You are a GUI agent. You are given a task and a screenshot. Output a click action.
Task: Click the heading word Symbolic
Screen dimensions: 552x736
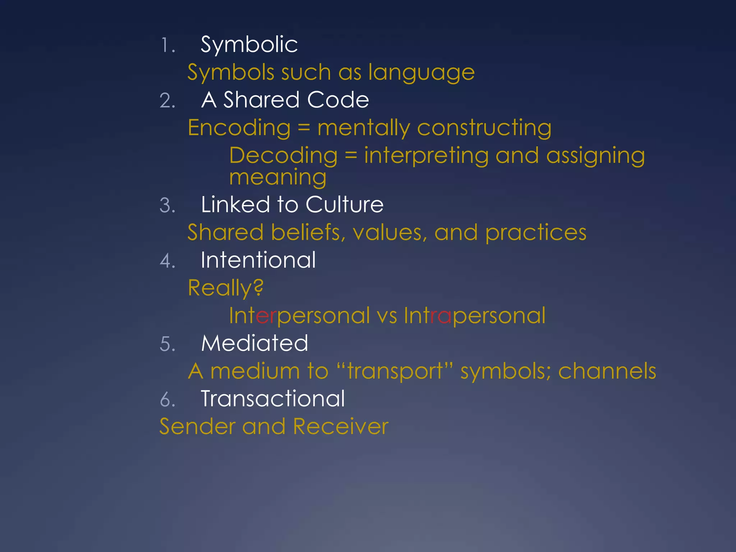pyautogui.click(x=249, y=45)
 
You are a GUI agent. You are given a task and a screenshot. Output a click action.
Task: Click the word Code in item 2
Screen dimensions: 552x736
pyautogui.click(x=338, y=100)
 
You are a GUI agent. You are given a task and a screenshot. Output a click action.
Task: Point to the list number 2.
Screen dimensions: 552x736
pyautogui.click(x=167, y=101)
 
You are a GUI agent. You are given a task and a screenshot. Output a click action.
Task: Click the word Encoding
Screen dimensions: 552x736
pyautogui.click(x=239, y=128)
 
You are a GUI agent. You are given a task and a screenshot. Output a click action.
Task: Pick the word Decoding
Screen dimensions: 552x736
pyautogui.click(x=283, y=156)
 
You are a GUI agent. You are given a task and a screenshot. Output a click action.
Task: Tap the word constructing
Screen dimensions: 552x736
pyautogui.click(x=484, y=128)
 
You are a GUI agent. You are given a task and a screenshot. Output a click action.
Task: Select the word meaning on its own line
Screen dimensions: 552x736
pyautogui.click(x=277, y=178)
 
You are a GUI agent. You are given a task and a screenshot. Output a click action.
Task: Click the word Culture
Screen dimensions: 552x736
pyautogui.click(x=344, y=205)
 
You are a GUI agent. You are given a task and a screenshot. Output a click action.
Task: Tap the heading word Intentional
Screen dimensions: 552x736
pyautogui.click(x=258, y=260)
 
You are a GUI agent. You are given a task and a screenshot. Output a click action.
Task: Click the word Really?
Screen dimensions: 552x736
pyautogui.click(x=226, y=288)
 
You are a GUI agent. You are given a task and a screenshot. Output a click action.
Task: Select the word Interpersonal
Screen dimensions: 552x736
pyautogui.click(x=299, y=316)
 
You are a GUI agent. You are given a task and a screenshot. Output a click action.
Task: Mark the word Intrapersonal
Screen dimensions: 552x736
pyautogui.click(x=474, y=316)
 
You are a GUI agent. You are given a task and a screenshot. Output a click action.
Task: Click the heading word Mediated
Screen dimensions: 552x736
pyautogui.click(x=254, y=343)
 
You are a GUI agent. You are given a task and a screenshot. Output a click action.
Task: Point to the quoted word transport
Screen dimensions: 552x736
pyautogui.click(x=395, y=372)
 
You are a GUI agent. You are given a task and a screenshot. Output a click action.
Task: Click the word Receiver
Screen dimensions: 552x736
pyautogui.click(x=341, y=427)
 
